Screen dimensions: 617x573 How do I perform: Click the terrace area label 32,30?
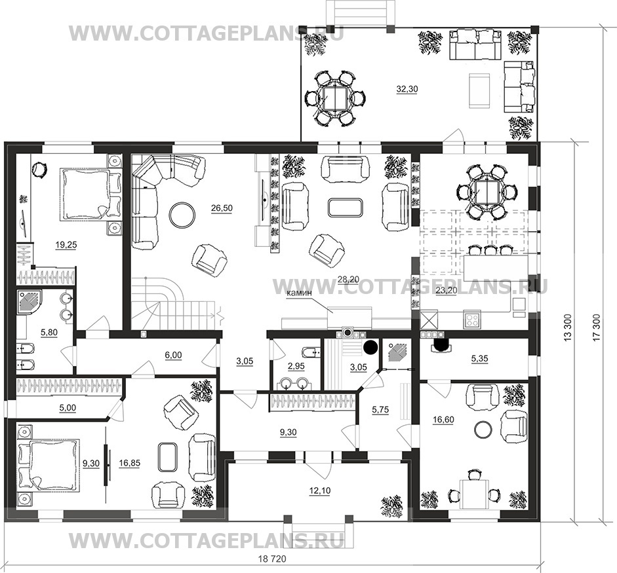click(407, 89)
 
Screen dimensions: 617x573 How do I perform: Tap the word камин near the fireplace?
click(300, 293)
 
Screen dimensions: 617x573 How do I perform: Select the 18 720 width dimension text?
click(271, 559)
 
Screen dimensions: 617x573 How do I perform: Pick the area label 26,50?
click(222, 208)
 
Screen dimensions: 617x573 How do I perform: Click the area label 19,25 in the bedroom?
click(66, 245)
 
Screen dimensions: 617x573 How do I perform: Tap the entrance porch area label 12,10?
click(320, 490)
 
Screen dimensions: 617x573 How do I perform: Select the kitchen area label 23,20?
click(447, 291)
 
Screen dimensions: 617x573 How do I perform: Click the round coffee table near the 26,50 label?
click(182, 214)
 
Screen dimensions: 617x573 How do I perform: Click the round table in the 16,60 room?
click(483, 429)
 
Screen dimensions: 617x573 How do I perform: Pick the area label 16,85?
click(129, 464)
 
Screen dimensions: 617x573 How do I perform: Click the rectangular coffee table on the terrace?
click(479, 91)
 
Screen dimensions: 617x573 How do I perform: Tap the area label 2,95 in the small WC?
click(296, 366)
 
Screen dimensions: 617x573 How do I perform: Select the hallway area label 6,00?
click(173, 356)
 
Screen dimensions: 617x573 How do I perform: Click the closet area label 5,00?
click(68, 408)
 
